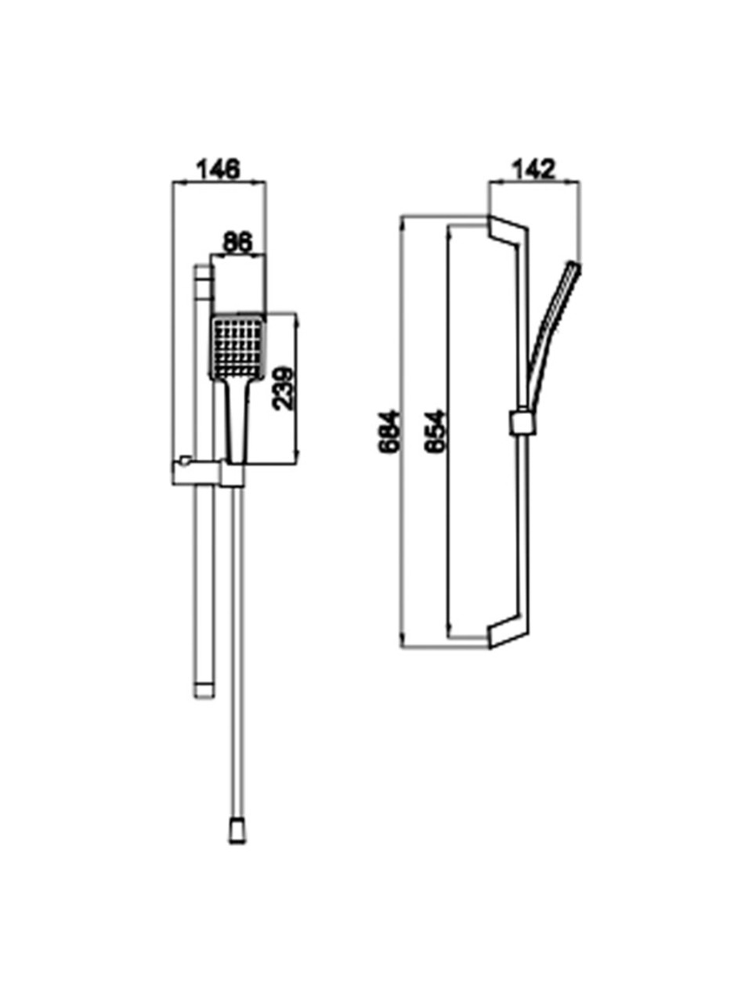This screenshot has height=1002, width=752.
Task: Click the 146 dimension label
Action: [218, 169]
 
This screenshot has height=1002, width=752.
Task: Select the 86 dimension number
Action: [237, 242]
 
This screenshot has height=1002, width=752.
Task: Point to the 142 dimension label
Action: [533, 169]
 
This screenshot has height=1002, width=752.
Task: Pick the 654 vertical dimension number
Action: [433, 431]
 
